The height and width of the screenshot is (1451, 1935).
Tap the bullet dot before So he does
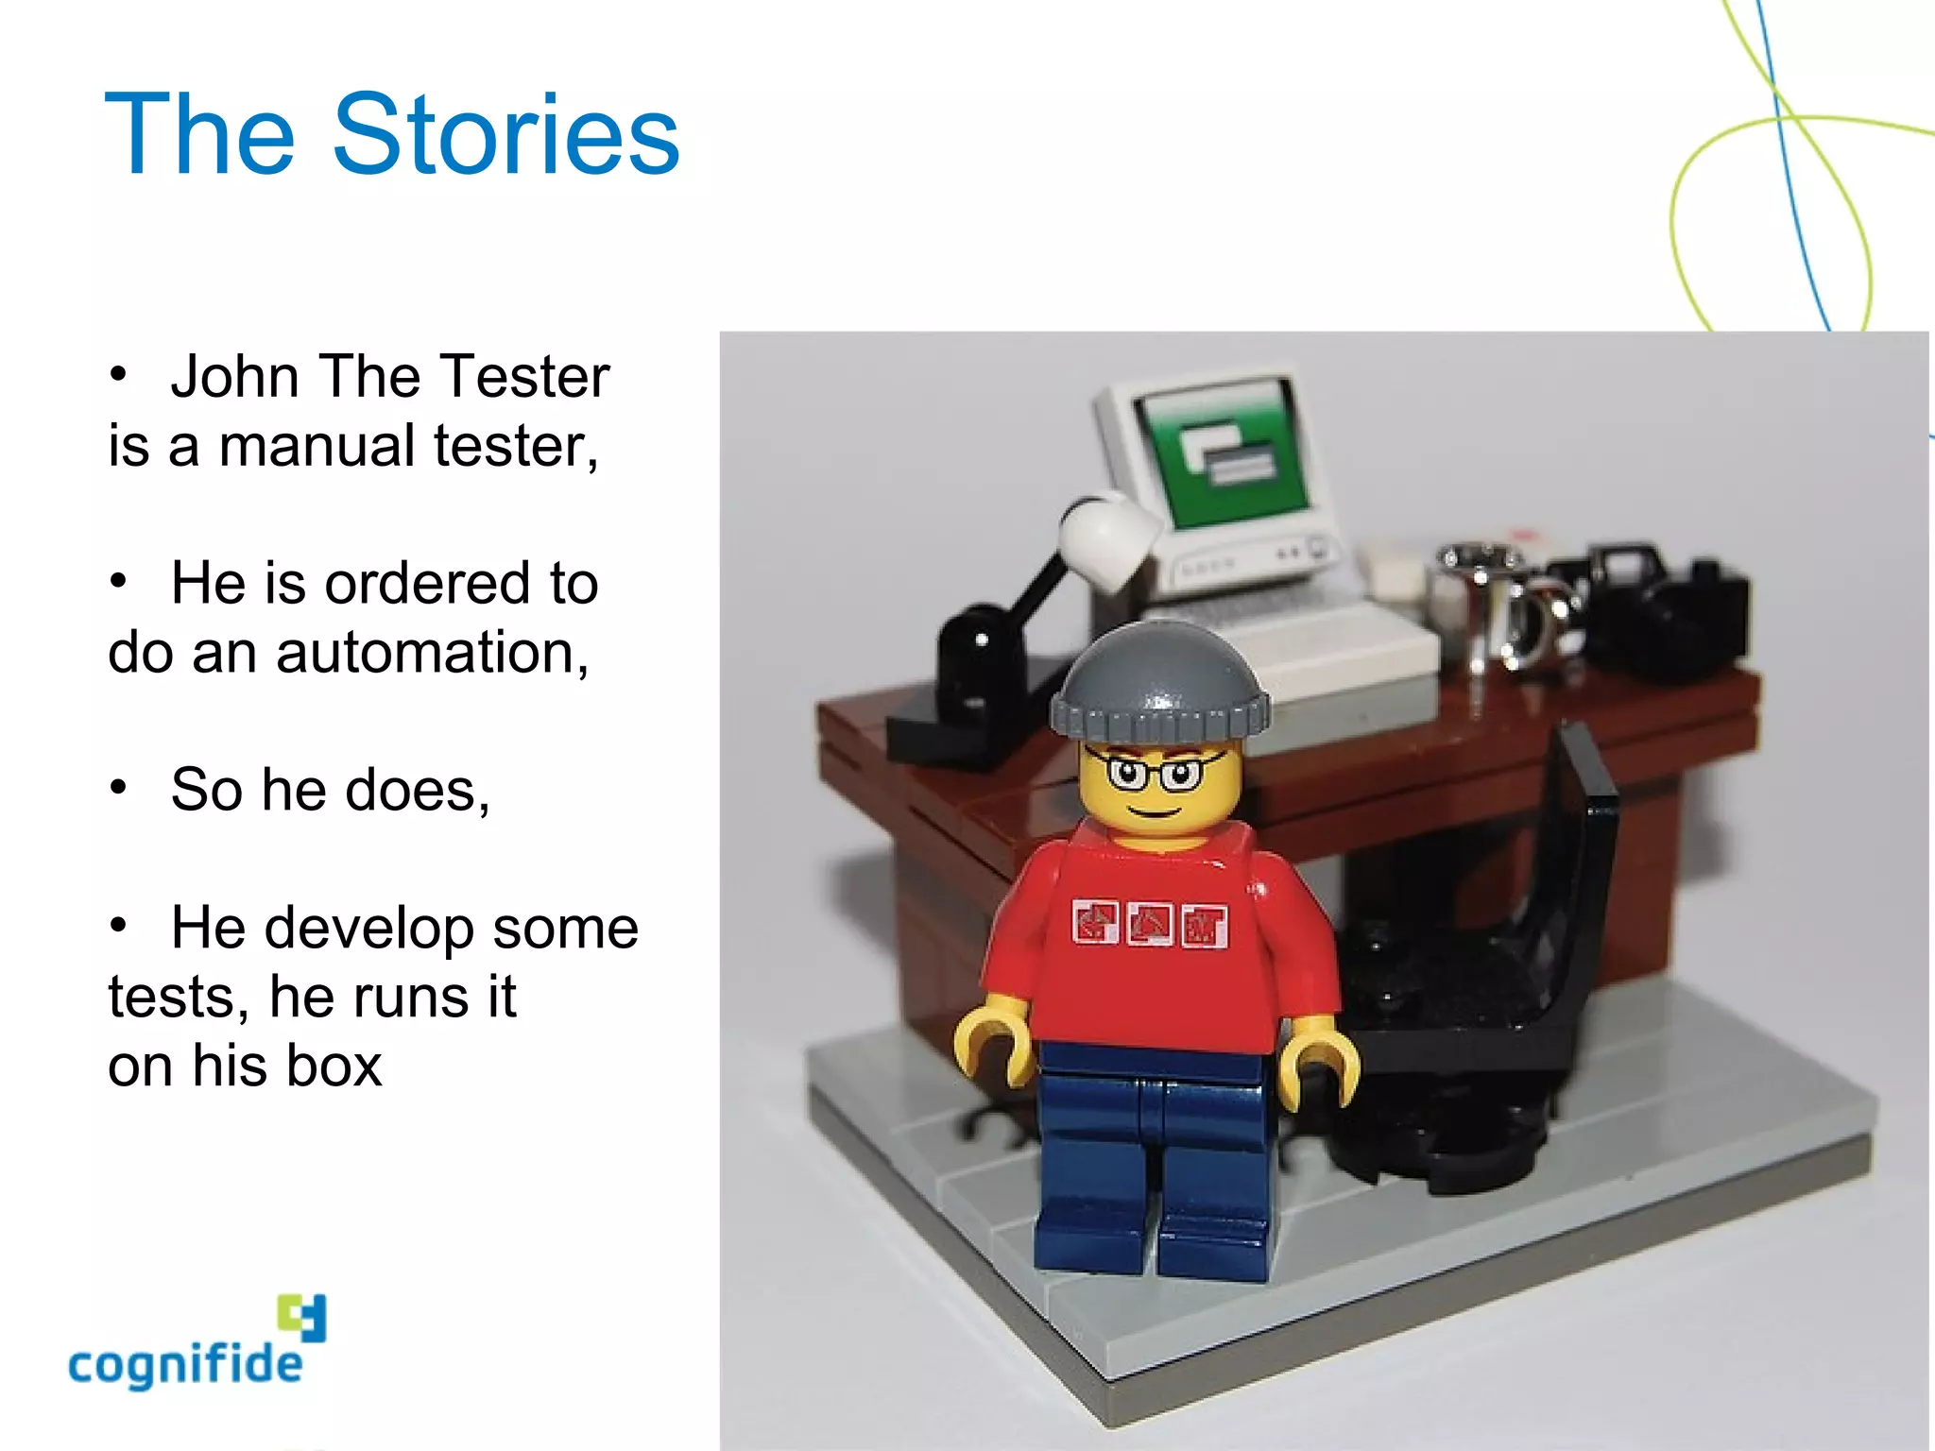[x=118, y=787]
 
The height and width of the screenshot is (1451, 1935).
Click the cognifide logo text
[x=185, y=1366]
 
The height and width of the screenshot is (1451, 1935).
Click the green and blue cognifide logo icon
[x=302, y=1317]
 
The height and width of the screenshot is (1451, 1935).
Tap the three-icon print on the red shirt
[x=1150, y=924]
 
